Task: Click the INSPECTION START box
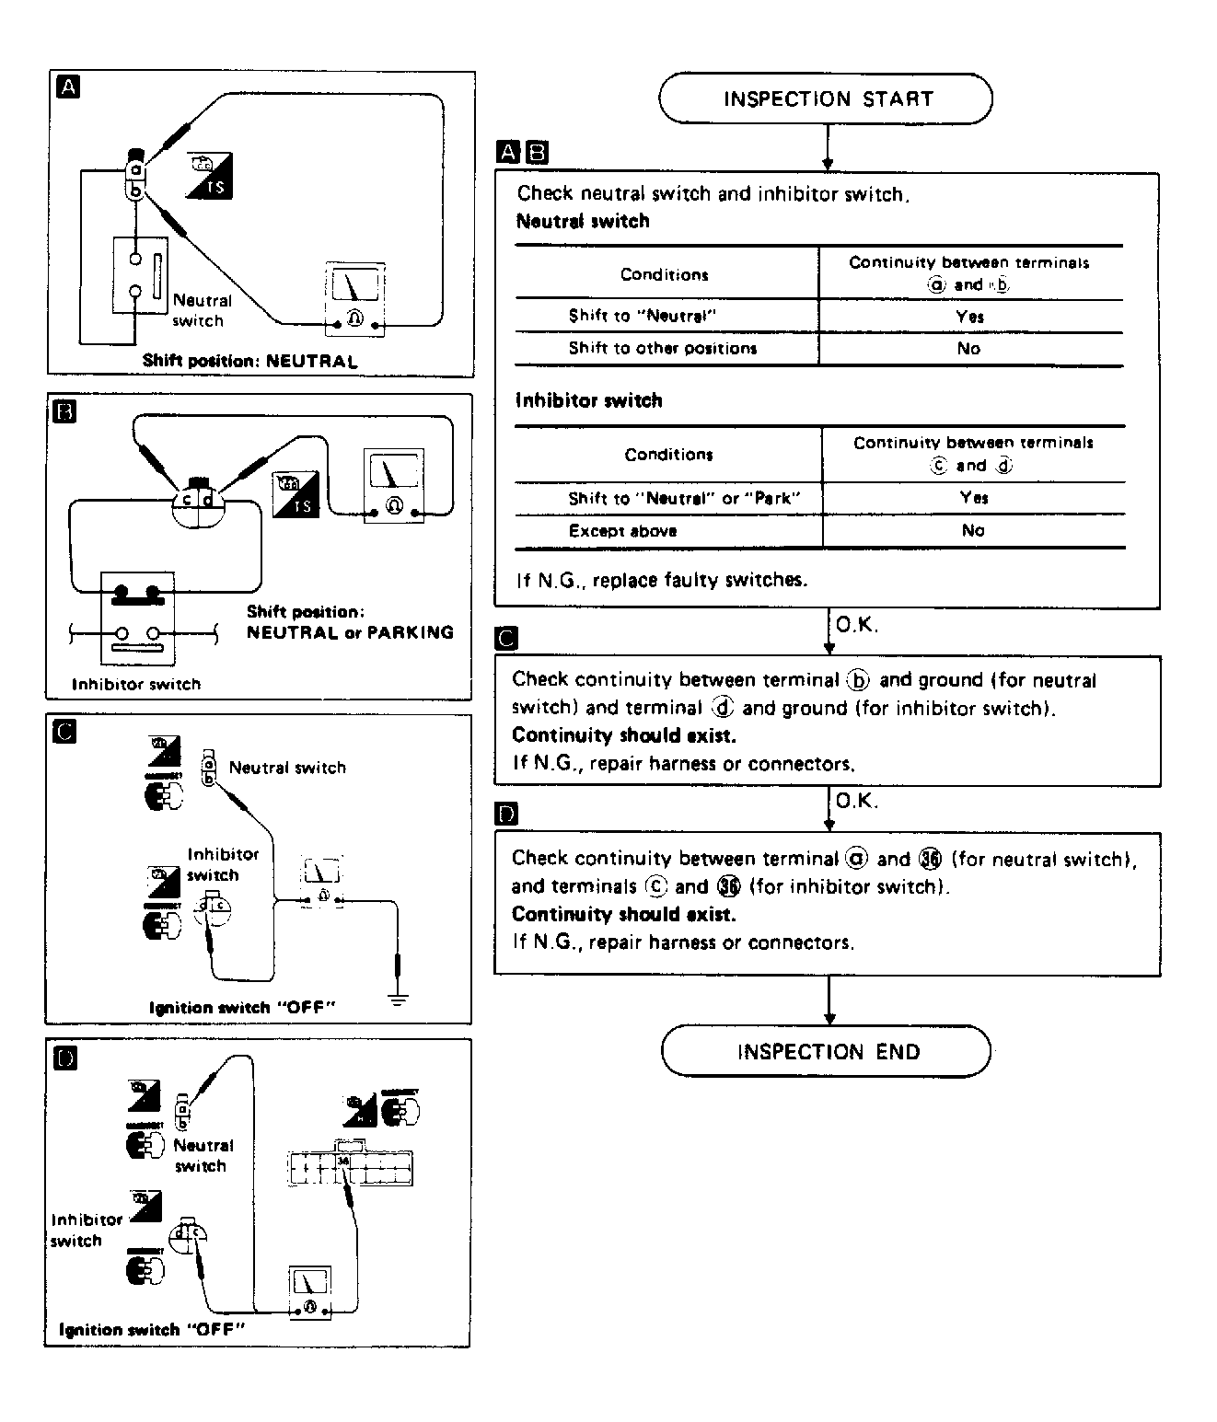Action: click(826, 99)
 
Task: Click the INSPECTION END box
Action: click(826, 1051)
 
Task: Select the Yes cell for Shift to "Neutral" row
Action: click(969, 317)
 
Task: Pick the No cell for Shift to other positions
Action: click(968, 349)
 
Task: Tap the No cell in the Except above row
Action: click(972, 530)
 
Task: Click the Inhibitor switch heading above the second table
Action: click(588, 400)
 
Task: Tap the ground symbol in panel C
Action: click(397, 1000)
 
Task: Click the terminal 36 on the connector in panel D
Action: click(342, 1162)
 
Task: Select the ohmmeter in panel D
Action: click(309, 1292)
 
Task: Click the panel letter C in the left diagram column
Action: click(64, 732)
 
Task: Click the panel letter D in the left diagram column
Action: click(64, 1058)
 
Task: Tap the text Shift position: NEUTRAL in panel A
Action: click(249, 361)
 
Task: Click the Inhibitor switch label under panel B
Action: click(135, 684)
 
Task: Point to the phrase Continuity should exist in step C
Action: click(623, 735)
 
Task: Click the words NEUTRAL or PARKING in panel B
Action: click(350, 632)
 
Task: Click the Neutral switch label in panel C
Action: click(287, 768)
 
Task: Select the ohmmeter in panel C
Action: click(322, 881)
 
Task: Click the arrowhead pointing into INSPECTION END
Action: click(829, 1019)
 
